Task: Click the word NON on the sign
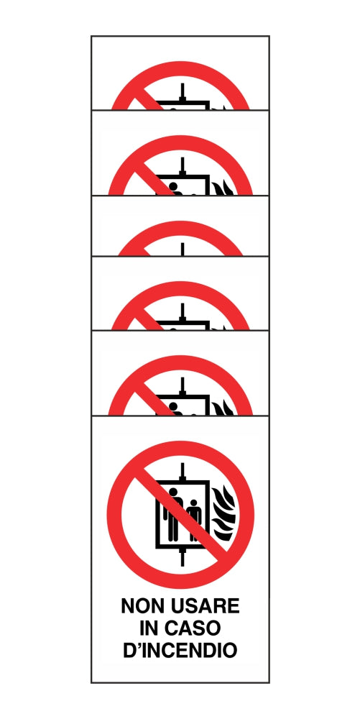click(142, 606)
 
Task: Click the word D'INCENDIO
click(180, 651)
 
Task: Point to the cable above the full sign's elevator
click(184, 471)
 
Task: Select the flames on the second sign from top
click(219, 188)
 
